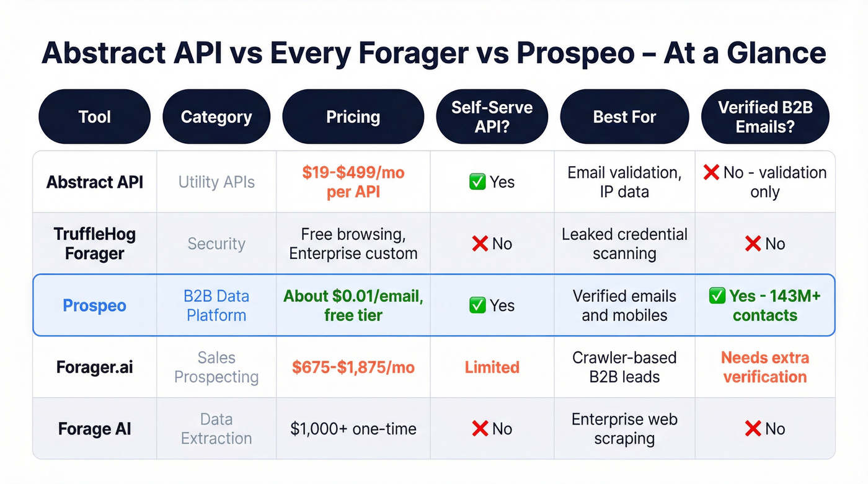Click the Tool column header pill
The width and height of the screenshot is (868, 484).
(x=94, y=117)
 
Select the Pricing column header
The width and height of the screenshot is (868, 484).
(x=353, y=117)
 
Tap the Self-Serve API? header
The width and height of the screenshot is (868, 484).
(x=492, y=117)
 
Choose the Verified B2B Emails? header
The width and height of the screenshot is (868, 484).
(x=764, y=117)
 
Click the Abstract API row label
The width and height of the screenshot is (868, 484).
(x=94, y=182)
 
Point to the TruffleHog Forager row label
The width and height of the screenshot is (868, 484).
(x=94, y=244)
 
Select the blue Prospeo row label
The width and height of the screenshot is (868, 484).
(x=94, y=306)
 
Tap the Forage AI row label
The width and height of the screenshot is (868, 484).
(x=94, y=429)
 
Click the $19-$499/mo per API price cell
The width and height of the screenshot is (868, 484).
(x=353, y=182)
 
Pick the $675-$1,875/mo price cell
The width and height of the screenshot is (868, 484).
(x=353, y=367)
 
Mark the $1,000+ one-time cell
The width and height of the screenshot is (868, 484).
(x=353, y=429)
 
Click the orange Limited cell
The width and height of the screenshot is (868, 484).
(x=492, y=367)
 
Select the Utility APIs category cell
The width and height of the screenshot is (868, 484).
(x=216, y=182)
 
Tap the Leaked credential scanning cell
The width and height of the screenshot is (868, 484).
(x=624, y=244)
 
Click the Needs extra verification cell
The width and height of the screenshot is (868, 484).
(x=764, y=367)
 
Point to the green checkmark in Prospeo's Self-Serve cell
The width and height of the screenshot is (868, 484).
(x=477, y=305)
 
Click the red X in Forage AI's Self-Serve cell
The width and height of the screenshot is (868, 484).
(x=480, y=429)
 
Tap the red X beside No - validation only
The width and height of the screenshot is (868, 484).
(x=711, y=172)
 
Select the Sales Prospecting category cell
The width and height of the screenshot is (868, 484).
(x=216, y=367)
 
